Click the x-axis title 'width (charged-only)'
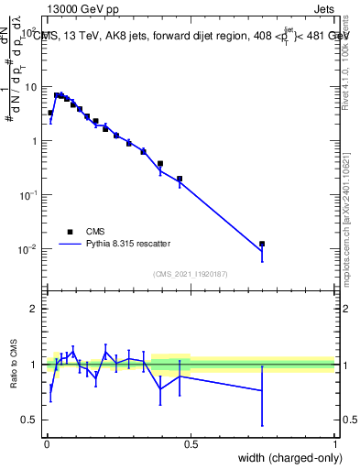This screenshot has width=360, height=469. (285, 459)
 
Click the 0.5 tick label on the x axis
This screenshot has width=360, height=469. (192, 444)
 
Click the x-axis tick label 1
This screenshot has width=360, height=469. (336, 444)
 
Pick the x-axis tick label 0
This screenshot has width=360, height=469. (48, 444)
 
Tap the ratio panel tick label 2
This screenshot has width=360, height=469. (34, 309)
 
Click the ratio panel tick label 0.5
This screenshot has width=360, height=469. (30, 420)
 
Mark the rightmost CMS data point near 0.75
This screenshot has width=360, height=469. (262, 244)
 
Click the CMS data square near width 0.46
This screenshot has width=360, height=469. (180, 179)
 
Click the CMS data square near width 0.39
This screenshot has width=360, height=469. (160, 164)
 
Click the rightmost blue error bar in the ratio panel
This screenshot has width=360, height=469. (263, 396)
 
